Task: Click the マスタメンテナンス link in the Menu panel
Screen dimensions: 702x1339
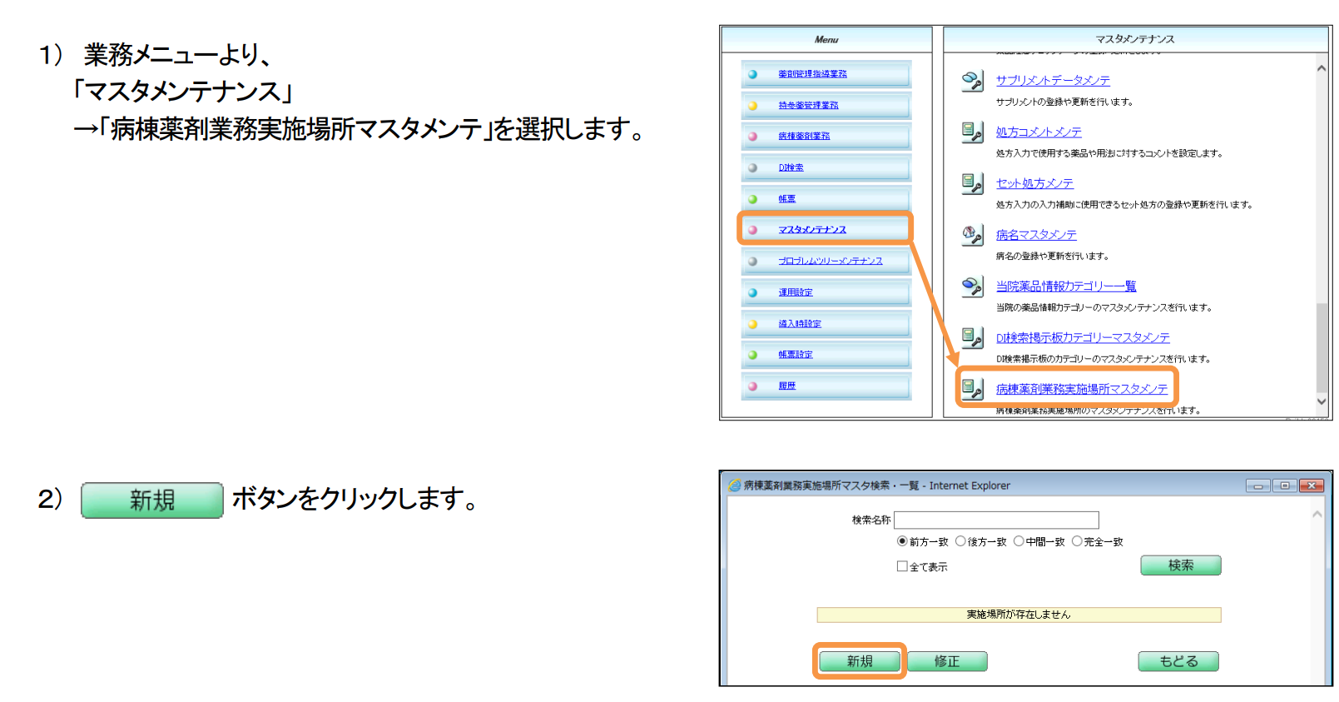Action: pyautogui.click(x=811, y=230)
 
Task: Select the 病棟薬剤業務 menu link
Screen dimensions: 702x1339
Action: pyautogui.click(x=803, y=136)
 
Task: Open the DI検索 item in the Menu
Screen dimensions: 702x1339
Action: pyautogui.click(x=791, y=167)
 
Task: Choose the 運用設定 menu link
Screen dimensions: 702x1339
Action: pyautogui.click(x=795, y=292)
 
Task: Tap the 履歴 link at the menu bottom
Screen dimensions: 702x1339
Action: pyautogui.click(x=786, y=386)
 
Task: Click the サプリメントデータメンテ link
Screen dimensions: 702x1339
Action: pyautogui.click(x=1053, y=81)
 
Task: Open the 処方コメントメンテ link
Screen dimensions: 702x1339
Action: pyautogui.click(x=1039, y=132)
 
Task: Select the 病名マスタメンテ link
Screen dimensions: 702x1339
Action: pyautogui.click(x=1036, y=235)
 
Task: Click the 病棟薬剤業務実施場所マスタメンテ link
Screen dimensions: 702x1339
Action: pyautogui.click(x=1081, y=389)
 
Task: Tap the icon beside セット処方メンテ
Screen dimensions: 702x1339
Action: pyautogui.click(x=972, y=183)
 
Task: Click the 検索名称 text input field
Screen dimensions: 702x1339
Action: pyautogui.click(x=996, y=520)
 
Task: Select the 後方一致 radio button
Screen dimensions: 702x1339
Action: pyautogui.click(x=960, y=541)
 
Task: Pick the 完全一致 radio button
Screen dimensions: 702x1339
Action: pyautogui.click(x=1077, y=541)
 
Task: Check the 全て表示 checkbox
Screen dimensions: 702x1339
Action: pyautogui.click(x=902, y=566)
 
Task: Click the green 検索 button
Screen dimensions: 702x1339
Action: pyautogui.click(x=1180, y=565)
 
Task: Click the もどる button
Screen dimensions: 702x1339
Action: pyautogui.click(x=1178, y=661)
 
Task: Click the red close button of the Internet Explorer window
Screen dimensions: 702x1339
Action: pyautogui.click(x=1312, y=485)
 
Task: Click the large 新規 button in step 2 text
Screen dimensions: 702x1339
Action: pyautogui.click(x=152, y=500)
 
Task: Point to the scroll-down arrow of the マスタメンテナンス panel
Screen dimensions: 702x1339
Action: pyautogui.click(x=1321, y=401)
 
